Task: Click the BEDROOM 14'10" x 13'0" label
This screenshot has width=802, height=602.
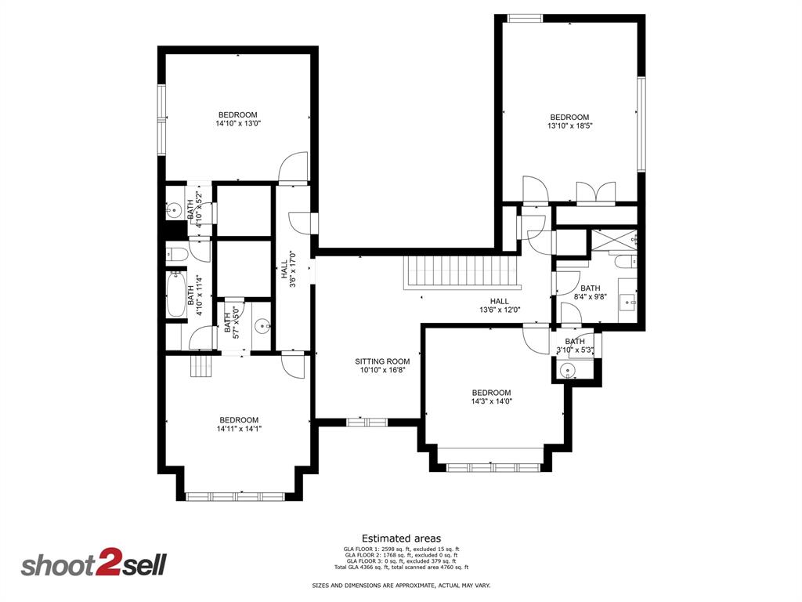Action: pos(237,119)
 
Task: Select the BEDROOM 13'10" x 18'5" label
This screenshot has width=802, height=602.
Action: pos(569,121)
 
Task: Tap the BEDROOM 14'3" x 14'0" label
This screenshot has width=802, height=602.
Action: pos(491,397)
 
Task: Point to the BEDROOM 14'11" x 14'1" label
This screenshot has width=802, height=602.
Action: pos(238,424)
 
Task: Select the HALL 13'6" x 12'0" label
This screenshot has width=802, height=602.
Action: pos(499,306)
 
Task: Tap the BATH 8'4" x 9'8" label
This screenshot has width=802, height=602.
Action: pos(590,292)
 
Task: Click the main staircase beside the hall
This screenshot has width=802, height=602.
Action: pos(461,274)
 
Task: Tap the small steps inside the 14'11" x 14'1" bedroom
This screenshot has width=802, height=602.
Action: pos(201,364)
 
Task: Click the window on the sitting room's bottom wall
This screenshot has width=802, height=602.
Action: pos(367,422)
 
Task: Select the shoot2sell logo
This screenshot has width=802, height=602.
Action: pos(93,564)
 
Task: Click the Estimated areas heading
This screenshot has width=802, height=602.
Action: pos(401,538)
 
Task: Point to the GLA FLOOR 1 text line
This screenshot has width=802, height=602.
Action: pos(401,549)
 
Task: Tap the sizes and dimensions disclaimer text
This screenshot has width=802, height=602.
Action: pos(401,586)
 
